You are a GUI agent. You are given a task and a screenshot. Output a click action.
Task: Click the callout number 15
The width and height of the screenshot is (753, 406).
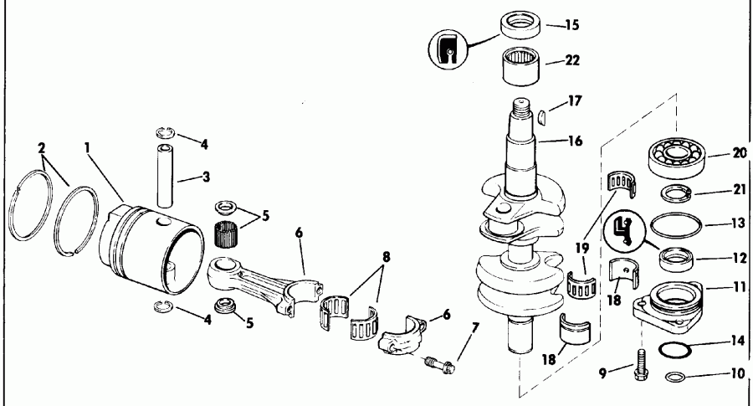point(571,25)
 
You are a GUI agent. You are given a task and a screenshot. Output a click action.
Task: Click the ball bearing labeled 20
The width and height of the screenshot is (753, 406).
point(678,157)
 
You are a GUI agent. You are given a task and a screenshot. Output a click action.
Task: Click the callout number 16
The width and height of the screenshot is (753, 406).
point(571,140)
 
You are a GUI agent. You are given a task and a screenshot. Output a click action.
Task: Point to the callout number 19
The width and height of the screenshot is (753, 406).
point(582,249)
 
